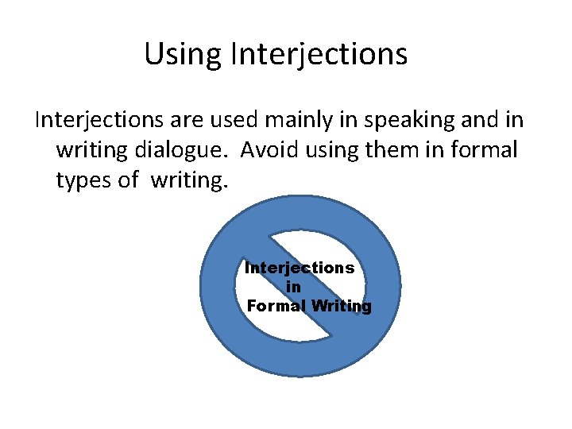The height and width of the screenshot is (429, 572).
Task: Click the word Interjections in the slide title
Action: click(319, 55)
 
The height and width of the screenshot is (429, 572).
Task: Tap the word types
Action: click(85, 181)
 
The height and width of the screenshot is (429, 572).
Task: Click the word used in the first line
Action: click(241, 120)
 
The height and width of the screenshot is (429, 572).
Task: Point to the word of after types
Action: click(128, 180)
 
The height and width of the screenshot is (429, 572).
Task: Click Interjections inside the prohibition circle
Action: click(300, 268)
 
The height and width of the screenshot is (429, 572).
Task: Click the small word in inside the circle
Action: click(292, 287)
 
